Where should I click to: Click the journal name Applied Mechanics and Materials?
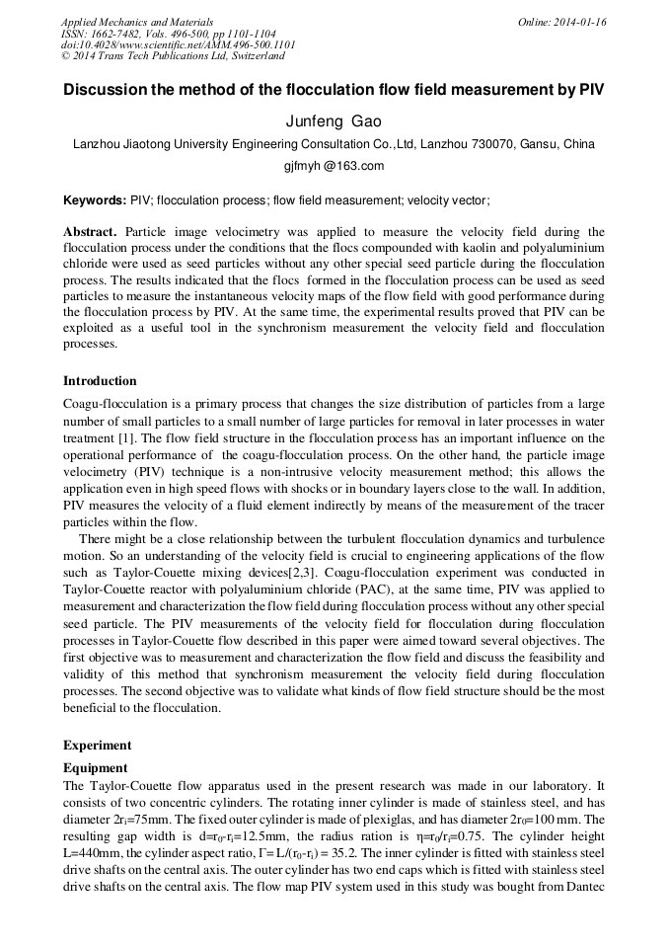(x=137, y=22)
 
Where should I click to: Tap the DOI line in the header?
(x=178, y=45)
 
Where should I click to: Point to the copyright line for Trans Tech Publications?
(x=173, y=57)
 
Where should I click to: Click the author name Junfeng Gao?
(x=334, y=121)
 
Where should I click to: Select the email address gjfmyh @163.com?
(x=334, y=166)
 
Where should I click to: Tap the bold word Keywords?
(x=95, y=199)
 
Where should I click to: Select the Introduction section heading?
(x=100, y=381)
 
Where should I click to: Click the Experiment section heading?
(x=97, y=746)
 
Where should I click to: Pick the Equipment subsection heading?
(x=95, y=767)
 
